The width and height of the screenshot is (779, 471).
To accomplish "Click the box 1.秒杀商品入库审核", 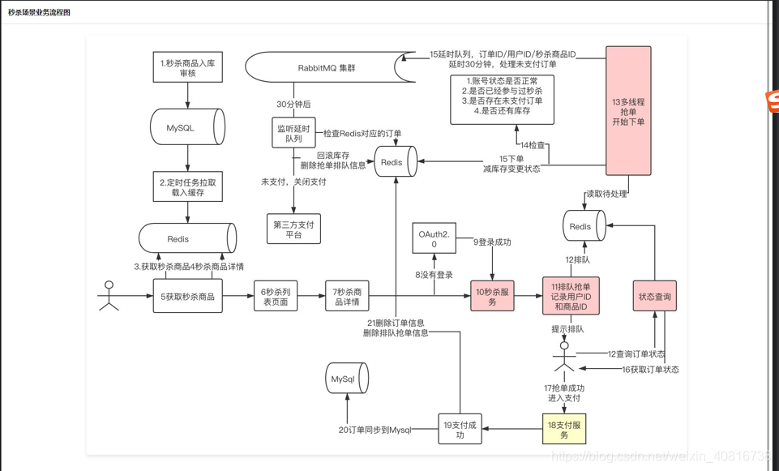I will click(187, 67).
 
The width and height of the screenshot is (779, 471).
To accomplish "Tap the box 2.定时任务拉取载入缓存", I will click(187, 187).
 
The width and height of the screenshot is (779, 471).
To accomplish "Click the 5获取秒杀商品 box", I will click(187, 297).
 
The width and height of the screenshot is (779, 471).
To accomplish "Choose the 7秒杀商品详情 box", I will click(347, 296).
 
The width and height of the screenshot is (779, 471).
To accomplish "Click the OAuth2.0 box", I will click(434, 238).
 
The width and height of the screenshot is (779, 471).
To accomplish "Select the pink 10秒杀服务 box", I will click(492, 297).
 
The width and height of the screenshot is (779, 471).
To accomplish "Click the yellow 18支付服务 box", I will click(564, 430).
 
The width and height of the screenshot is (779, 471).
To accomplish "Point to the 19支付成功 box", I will click(460, 430).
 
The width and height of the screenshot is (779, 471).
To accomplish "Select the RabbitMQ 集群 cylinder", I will click(329, 68).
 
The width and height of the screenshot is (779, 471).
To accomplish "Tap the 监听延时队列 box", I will click(293, 133).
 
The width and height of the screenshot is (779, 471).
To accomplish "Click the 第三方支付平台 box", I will click(293, 229).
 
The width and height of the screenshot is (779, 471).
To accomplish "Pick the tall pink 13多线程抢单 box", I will click(629, 111).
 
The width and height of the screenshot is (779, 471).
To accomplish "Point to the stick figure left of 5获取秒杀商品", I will click(108, 296).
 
